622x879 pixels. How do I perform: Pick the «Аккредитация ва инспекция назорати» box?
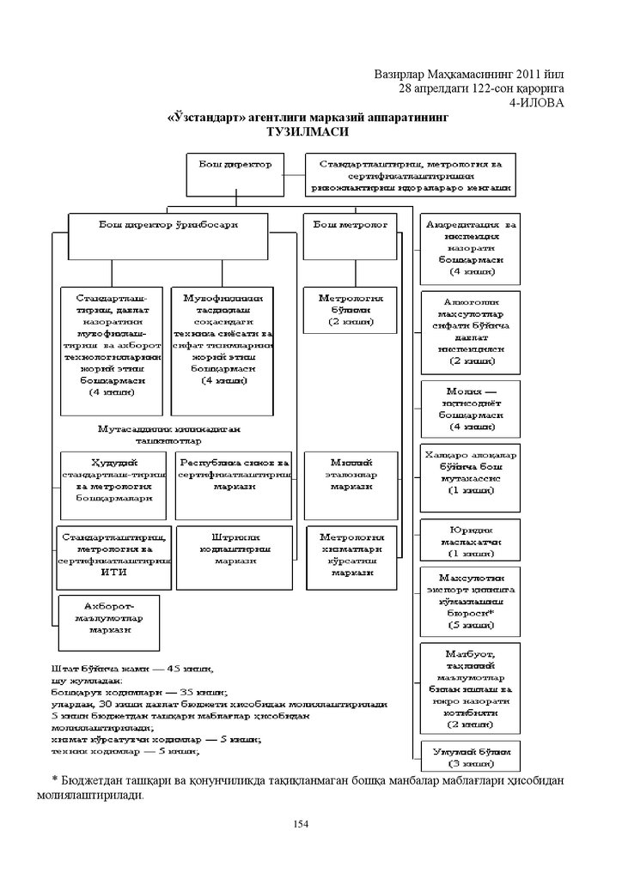pos(471,248)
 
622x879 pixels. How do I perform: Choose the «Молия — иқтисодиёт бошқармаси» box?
pos(471,408)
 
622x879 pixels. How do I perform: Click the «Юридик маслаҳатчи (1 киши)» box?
pos(471,541)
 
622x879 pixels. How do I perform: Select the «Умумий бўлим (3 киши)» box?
pos(471,755)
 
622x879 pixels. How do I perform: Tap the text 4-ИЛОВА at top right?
pos(537,102)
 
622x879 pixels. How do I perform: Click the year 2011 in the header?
pos(527,75)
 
